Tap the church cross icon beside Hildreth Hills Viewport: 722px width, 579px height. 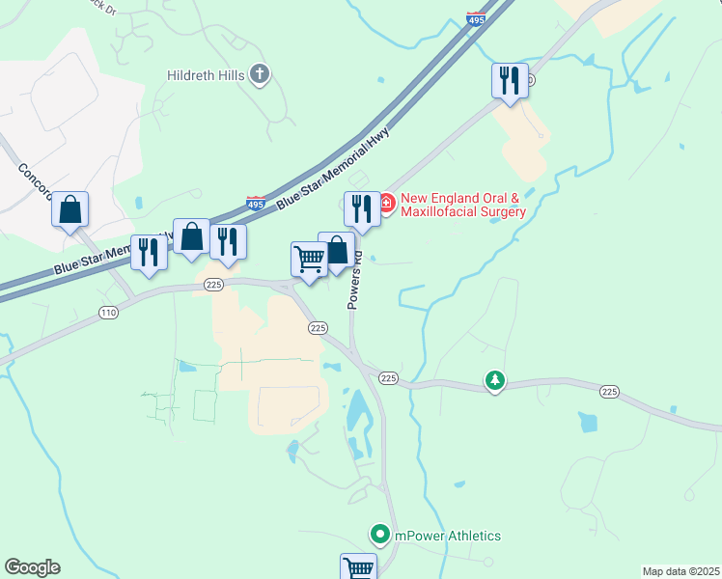259,73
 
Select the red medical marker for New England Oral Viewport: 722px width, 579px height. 386,203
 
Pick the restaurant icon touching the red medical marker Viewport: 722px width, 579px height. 360,207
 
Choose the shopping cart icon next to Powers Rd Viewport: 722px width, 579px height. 308,258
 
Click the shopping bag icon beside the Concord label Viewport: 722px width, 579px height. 70,208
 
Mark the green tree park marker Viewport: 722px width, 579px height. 495,381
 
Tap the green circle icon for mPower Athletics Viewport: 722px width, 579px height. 380,534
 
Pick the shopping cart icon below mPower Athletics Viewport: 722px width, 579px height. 357,567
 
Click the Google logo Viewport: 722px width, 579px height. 32,567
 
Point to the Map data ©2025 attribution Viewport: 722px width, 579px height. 680,571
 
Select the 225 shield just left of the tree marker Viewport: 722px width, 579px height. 389,377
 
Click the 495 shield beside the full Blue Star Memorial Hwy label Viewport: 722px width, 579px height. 255,205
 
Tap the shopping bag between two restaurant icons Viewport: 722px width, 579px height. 191,235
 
